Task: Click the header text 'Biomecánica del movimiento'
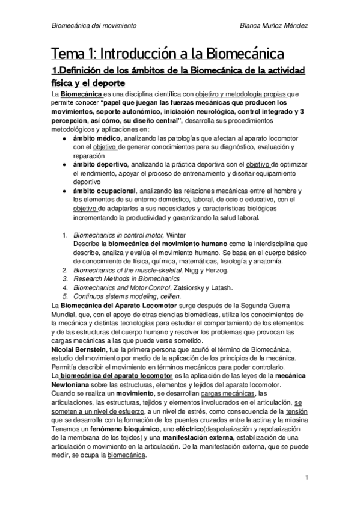pyautogui.click(x=94, y=26)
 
